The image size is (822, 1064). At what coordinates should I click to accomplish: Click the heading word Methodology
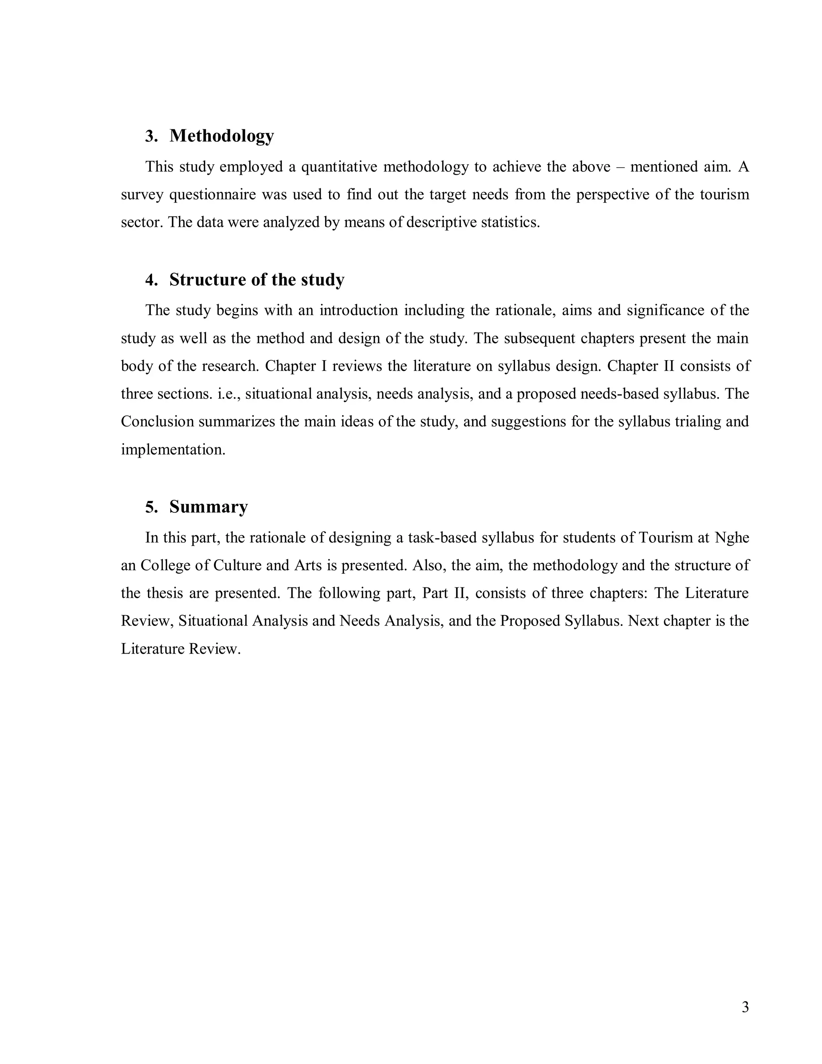pyautogui.click(x=222, y=136)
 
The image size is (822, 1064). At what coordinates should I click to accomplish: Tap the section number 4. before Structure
pyautogui.click(x=151, y=280)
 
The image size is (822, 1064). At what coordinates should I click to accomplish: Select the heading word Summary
pyautogui.click(x=208, y=507)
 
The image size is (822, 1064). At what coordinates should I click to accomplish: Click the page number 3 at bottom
pyautogui.click(x=745, y=1007)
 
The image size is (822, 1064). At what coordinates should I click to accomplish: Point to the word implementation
pyautogui.click(x=173, y=449)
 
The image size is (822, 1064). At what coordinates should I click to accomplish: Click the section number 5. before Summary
pyautogui.click(x=151, y=507)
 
